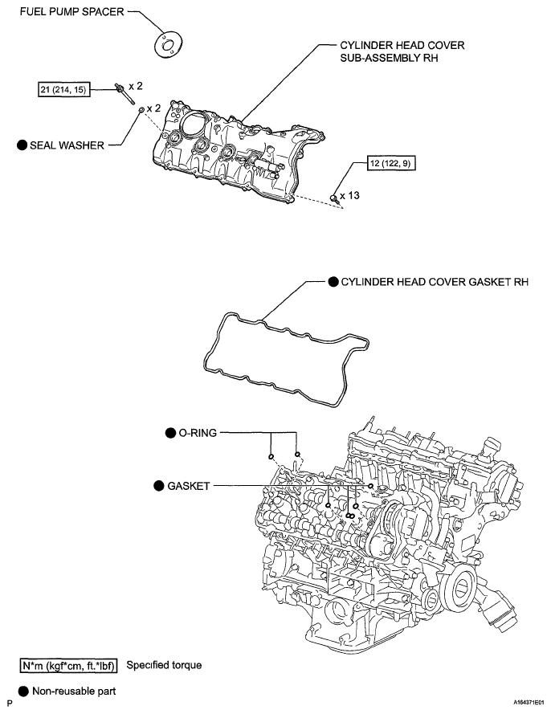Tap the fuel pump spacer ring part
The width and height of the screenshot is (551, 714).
click(x=166, y=47)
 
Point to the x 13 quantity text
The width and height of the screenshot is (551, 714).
click(x=350, y=195)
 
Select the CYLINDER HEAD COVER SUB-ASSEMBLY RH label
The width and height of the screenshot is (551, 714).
click(x=392, y=52)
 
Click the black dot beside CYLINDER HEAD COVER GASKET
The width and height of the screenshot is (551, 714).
click(x=332, y=283)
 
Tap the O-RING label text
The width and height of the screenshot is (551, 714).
click(x=198, y=432)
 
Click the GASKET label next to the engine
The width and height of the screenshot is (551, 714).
click(x=190, y=486)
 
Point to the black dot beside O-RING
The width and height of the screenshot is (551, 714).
click(x=169, y=432)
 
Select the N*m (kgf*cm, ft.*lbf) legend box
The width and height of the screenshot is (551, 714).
click(x=69, y=665)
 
